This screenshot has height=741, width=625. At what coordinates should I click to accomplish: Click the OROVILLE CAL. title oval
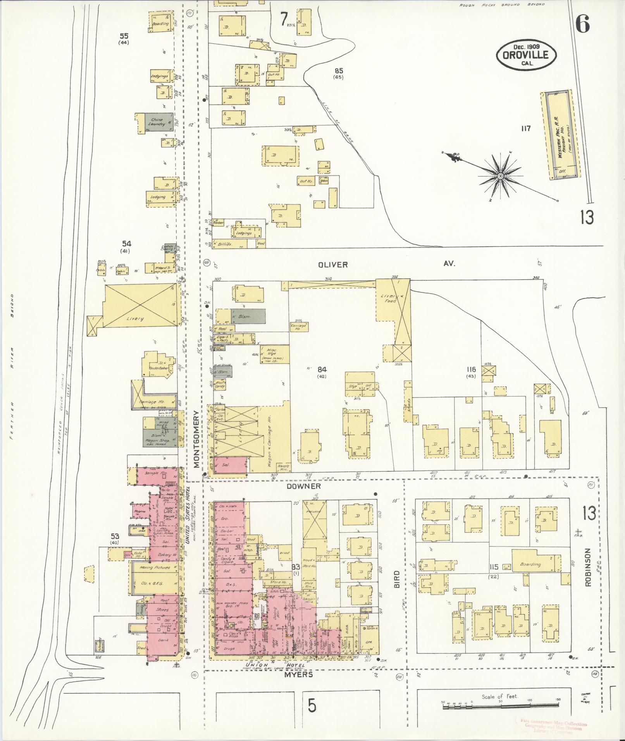(526, 55)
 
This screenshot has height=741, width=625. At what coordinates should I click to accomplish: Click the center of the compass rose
(500, 176)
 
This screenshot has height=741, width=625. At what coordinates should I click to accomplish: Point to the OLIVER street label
(333, 265)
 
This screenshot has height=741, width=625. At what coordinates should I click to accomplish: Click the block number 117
(525, 129)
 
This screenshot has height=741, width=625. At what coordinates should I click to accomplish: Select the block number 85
(339, 71)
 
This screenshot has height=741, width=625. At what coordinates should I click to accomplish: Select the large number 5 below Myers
(312, 706)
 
